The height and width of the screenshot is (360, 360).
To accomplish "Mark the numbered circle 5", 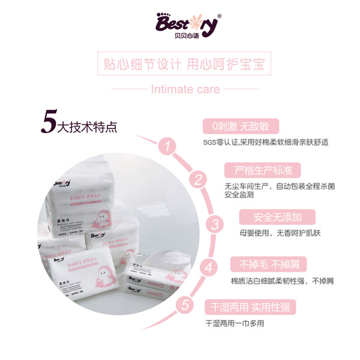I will click(186, 304).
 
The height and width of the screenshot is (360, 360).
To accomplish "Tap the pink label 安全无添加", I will click(270, 217).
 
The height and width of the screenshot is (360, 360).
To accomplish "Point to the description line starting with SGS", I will click(266, 143).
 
